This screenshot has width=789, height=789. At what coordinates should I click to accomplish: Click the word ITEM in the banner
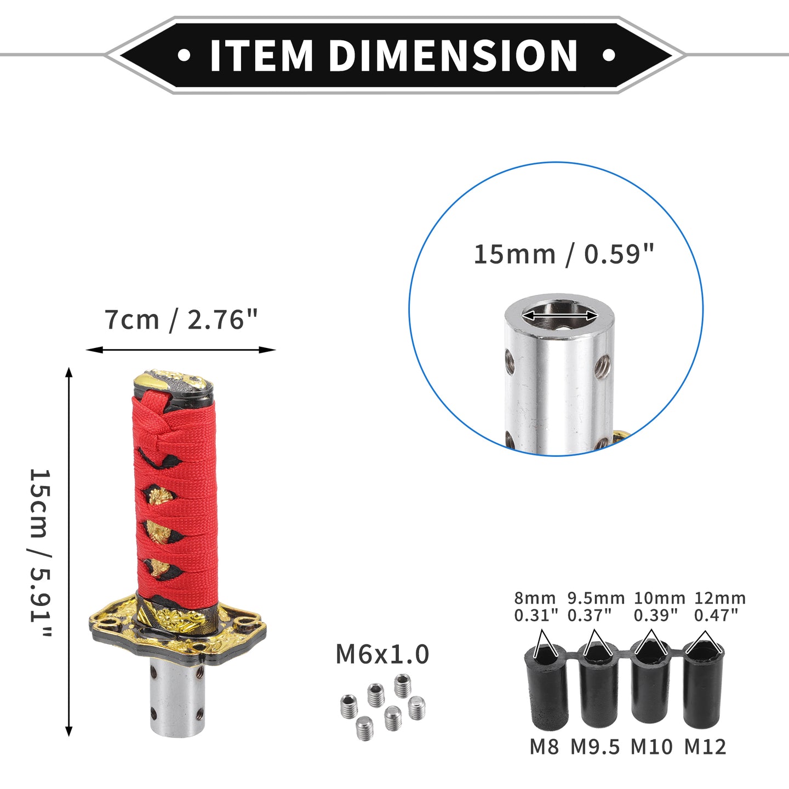pos(261,55)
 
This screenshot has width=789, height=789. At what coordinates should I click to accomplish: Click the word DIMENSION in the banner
pos(453,55)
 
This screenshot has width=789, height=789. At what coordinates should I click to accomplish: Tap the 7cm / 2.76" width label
pos(181,320)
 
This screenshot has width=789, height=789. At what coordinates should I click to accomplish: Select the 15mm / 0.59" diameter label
pos(564,255)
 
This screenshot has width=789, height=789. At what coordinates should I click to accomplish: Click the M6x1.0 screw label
pos(382,654)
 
